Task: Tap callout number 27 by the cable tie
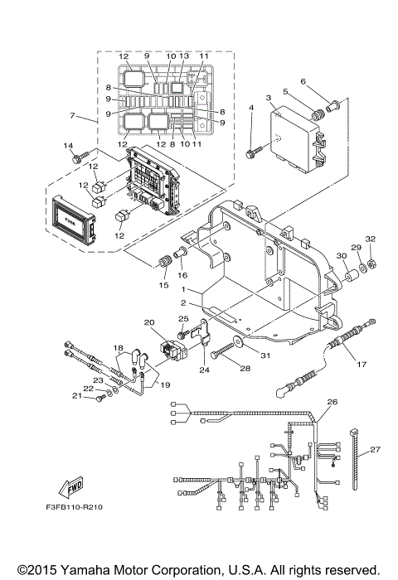point(375,450)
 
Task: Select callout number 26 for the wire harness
point(332,403)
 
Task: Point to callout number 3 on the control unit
point(269,98)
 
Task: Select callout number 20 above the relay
point(149,321)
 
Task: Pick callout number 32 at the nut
point(371,239)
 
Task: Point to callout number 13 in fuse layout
point(184,56)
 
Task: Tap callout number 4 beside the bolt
point(250,109)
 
